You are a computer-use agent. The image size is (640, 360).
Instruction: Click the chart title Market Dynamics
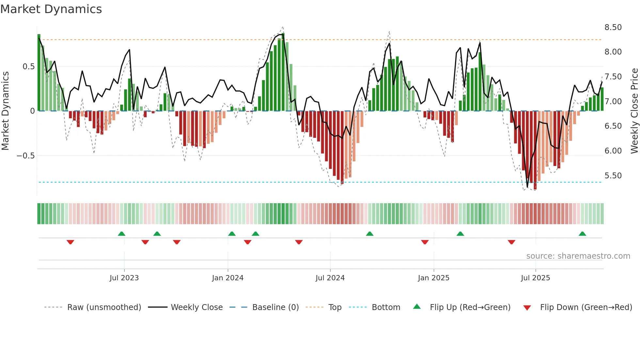click(51, 9)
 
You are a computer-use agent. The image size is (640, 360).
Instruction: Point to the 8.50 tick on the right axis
click(613, 27)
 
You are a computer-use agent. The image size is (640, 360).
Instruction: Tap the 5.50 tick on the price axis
click(613, 176)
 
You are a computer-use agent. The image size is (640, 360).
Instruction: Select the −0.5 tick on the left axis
click(25, 156)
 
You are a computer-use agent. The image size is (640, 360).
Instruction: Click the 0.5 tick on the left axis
click(28, 67)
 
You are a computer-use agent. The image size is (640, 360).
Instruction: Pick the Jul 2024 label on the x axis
click(330, 278)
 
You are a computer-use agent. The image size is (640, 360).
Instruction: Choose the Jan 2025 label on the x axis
click(433, 278)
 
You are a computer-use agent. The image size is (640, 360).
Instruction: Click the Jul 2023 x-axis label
click(124, 278)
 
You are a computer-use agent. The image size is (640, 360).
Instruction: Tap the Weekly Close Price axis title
click(634, 111)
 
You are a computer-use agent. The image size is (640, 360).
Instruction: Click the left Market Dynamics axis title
click(5, 111)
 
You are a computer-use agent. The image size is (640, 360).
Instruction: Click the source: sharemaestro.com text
click(578, 256)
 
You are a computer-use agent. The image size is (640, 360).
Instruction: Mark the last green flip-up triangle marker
click(582, 234)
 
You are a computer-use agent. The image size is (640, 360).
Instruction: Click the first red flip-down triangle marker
click(70, 242)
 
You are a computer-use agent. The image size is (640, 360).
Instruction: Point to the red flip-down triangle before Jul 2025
click(511, 242)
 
